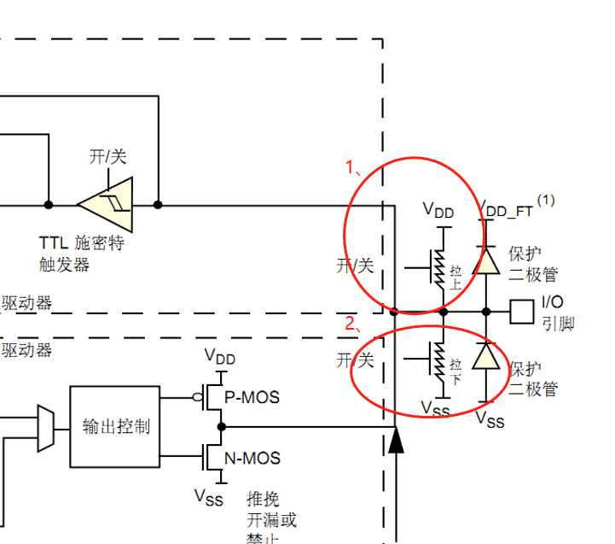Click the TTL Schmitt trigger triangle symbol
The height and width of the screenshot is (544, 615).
click(107, 204)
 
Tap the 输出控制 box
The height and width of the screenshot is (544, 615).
click(114, 426)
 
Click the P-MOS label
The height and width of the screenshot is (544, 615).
click(252, 398)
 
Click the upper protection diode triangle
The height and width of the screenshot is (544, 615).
click(486, 260)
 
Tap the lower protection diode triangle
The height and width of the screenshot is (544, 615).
click(486, 355)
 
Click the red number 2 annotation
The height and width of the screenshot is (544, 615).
click(351, 323)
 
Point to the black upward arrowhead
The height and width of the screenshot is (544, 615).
click(396, 442)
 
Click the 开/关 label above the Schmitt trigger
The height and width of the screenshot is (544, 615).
click(107, 156)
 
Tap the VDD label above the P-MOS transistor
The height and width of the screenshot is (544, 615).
click(220, 356)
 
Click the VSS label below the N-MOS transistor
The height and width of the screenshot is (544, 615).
click(209, 496)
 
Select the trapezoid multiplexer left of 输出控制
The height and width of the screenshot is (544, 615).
click(46, 427)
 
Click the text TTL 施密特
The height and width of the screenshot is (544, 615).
click(82, 243)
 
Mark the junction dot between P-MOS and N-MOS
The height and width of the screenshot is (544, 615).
click(221, 426)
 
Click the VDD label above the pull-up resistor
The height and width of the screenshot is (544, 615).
click(438, 209)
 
